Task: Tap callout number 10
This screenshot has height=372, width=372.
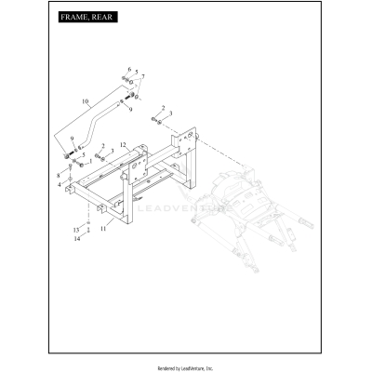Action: pyautogui.click(x=86, y=101)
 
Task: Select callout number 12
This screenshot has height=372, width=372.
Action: pyautogui.click(x=123, y=144)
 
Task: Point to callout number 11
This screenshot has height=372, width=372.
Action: pyautogui.click(x=103, y=229)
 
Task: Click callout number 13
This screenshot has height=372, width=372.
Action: pyautogui.click(x=76, y=230)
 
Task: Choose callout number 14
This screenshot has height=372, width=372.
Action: pyautogui.click(x=77, y=239)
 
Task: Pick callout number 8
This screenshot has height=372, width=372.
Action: pyautogui.click(x=59, y=176)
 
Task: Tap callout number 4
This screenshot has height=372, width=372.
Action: pyautogui.click(x=60, y=185)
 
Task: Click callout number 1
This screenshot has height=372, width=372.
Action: pyautogui.click(x=90, y=162)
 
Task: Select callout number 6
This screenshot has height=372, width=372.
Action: pyautogui.click(x=129, y=69)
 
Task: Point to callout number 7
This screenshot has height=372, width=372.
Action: pyautogui.click(x=143, y=76)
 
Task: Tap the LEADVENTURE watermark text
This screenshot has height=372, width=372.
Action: pyautogui.click(x=185, y=208)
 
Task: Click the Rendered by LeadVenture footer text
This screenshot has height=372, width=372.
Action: pyautogui.click(x=185, y=368)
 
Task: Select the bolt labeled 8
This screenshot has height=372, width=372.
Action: pyautogui.click(x=70, y=168)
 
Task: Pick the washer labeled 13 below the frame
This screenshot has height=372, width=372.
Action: pyautogui.click(x=88, y=223)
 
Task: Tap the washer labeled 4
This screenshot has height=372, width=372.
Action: pyautogui.click(x=70, y=179)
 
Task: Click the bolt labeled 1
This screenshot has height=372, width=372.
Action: pyautogui.click(x=81, y=165)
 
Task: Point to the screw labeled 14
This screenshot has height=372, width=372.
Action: pyautogui.click(x=88, y=230)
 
